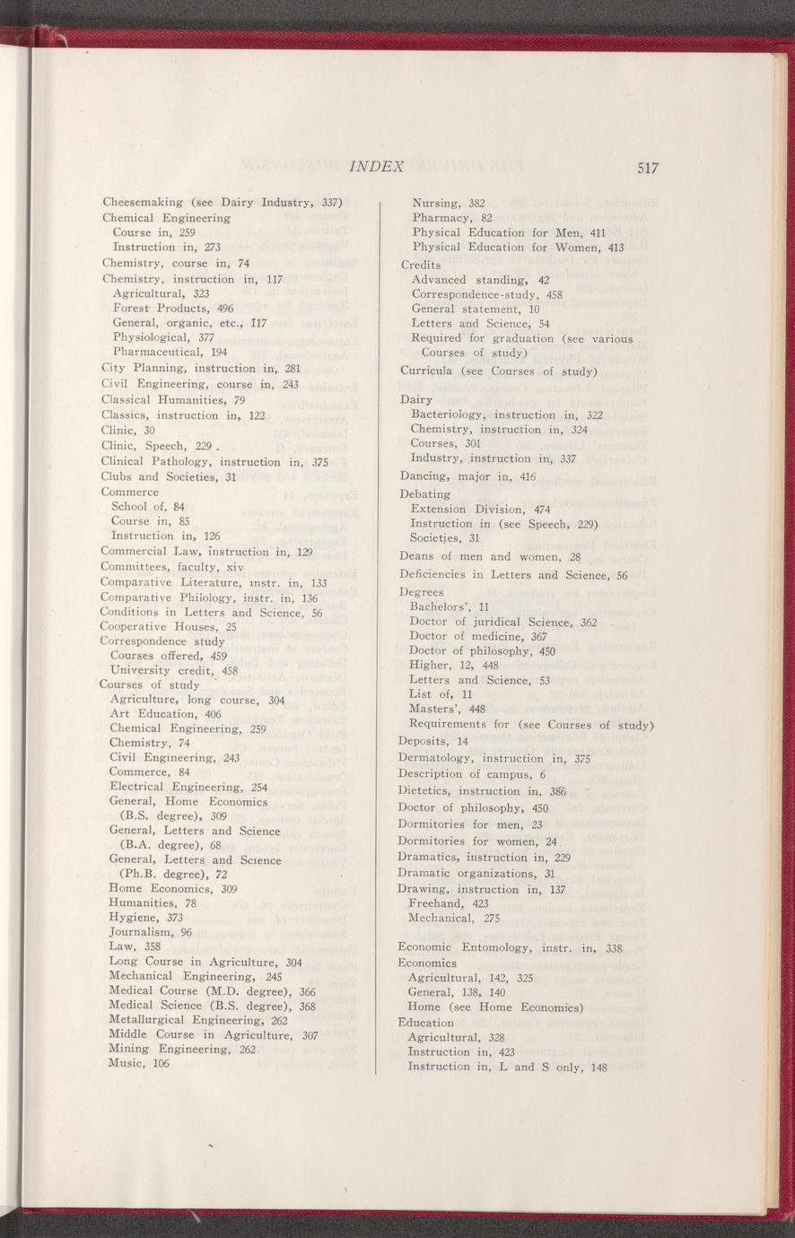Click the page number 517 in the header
coord(648,168)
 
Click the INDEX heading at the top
coord(377,166)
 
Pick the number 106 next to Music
coord(161,1063)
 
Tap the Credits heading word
coord(421,264)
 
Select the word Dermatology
coord(437,757)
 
